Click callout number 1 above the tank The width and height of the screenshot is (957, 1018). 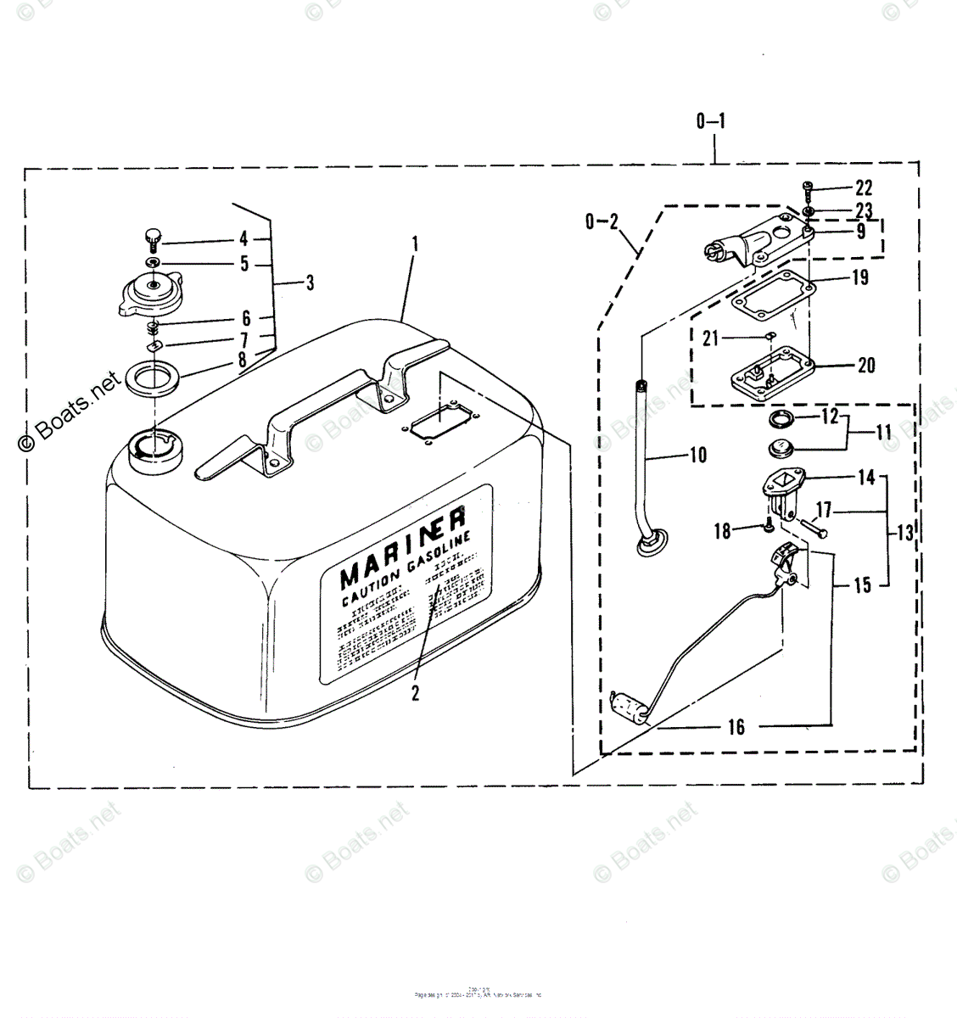(x=415, y=245)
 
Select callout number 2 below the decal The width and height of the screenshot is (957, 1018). (x=416, y=692)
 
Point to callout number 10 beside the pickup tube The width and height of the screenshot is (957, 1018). (x=697, y=456)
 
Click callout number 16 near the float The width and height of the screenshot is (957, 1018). (x=736, y=727)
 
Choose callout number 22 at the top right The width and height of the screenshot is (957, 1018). (x=864, y=187)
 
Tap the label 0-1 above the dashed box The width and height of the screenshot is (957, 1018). (x=710, y=121)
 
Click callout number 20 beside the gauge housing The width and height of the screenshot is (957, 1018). (x=865, y=366)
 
